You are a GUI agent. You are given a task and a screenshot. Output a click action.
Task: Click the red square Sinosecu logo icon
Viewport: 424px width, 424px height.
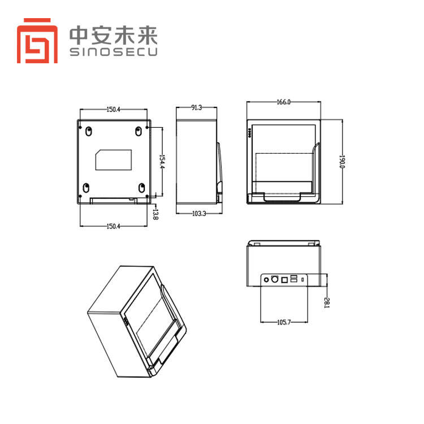[38, 40]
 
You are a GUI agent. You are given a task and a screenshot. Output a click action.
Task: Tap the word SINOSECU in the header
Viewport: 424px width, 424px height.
[113, 52]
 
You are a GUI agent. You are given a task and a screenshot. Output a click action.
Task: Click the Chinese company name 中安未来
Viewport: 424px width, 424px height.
[113, 35]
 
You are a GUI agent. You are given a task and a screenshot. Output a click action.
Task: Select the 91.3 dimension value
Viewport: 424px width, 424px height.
[197, 107]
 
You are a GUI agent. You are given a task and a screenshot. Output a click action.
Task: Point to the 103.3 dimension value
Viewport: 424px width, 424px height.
[197, 213]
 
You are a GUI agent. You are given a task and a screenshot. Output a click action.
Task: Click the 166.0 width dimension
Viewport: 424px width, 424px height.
[283, 102]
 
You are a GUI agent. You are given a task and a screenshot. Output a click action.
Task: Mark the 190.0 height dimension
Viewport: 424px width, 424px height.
[341, 162]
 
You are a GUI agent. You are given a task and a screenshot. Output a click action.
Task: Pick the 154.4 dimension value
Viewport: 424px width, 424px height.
[161, 162]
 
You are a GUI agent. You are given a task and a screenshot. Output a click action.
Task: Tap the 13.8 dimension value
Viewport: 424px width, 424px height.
[156, 213]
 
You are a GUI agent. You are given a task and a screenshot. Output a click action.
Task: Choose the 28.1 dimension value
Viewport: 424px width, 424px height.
[327, 302]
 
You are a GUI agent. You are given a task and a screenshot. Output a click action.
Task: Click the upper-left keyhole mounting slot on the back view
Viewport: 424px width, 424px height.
[88, 131]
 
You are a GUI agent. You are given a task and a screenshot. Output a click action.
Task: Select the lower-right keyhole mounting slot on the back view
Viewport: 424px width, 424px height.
[141, 187]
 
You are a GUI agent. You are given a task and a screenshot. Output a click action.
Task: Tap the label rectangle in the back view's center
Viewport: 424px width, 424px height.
[114, 159]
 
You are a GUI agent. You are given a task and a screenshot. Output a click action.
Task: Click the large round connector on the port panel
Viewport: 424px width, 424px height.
[275, 279]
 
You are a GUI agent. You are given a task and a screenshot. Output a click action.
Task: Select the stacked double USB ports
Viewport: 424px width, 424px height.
[293, 278]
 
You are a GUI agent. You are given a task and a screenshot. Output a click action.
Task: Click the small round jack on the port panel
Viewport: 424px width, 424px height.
[266, 279]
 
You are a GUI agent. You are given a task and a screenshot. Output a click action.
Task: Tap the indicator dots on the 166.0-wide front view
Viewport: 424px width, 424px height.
[250, 134]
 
